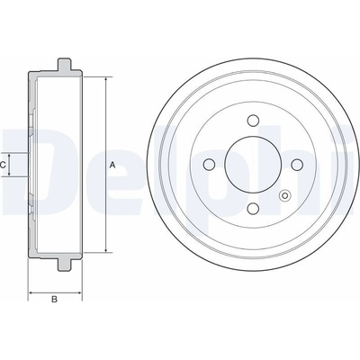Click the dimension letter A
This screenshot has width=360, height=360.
112,165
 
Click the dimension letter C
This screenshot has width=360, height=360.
4,165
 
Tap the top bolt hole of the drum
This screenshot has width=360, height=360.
253,120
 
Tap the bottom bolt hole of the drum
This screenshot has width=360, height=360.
253,208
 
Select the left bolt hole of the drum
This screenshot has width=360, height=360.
209,164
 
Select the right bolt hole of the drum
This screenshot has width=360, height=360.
297,164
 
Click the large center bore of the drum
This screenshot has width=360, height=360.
253,164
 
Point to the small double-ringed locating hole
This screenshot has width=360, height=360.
285,196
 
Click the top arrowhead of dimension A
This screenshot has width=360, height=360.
106,80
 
